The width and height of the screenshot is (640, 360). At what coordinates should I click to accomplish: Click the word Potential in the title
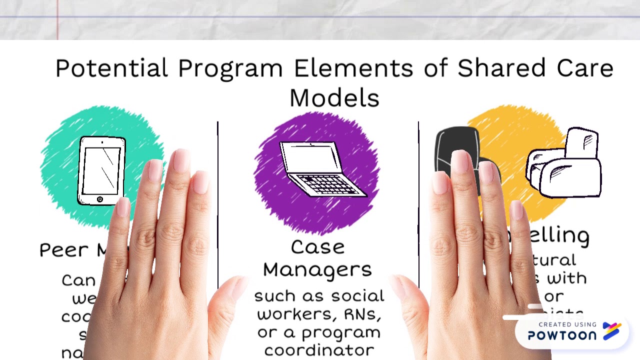tap(111, 68)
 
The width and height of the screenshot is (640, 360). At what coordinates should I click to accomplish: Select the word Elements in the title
tap(353, 68)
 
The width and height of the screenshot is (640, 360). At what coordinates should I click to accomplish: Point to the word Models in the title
tap(334, 98)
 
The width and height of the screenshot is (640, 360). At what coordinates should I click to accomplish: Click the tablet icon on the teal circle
tap(101, 170)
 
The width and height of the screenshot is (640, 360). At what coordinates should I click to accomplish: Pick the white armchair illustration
tap(565, 162)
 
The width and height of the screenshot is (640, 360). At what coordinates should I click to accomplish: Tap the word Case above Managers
tap(317, 247)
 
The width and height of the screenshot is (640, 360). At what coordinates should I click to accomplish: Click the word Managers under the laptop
tap(317, 270)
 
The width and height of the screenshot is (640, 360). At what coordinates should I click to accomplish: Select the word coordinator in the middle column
tap(318, 350)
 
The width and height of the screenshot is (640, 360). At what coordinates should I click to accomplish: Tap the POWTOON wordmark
tap(562, 335)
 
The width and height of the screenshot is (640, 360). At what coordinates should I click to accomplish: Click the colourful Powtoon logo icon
tap(612, 330)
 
